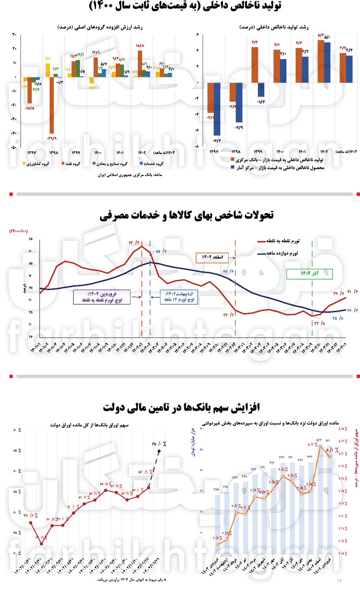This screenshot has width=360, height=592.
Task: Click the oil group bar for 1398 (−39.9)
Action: coord(52,105)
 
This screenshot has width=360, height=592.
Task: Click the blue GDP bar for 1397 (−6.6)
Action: coord(217,109)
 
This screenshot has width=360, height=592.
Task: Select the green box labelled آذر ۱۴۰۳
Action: coord(309,274)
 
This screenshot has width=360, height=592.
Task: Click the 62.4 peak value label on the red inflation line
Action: coord(133,242)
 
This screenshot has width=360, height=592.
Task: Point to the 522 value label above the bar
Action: coord(319,440)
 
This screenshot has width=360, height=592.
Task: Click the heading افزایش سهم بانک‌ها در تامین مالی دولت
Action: coord(181,407)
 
